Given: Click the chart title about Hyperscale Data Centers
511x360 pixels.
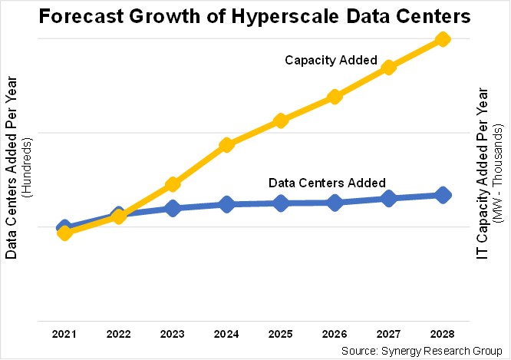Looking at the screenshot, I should (x=255, y=16).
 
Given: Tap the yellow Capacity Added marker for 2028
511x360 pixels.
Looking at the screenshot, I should (x=443, y=38).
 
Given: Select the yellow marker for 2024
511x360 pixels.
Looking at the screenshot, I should (x=226, y=145).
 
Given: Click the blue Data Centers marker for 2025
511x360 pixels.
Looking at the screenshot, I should (x=281, y=203).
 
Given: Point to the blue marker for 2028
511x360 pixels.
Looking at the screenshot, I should (x=443, y=195).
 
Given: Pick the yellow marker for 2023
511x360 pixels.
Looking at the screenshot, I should (x=173, y=184).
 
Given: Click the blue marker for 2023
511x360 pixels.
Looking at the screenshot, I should (x=173, y=208).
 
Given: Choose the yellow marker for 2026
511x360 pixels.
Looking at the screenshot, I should (x=335, y=97).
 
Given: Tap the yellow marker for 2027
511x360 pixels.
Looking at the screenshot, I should (x=389, y=68).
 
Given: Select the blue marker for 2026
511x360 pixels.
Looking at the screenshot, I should (x=335, y=203).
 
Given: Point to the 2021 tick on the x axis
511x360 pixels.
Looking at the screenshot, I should (x=64, y=335).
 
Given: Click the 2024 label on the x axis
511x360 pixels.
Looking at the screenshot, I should (x=226, y=335).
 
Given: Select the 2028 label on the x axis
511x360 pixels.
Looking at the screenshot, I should (x=443, y=335).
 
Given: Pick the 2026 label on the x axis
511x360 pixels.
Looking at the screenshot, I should (x=335, y=335).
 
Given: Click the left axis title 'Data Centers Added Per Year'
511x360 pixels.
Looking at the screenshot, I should (x=12, y=170).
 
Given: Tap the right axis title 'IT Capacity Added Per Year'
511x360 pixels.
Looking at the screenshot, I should (x=482, y=170).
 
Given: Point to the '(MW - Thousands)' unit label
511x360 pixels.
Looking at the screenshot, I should (x=497, y=170).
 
